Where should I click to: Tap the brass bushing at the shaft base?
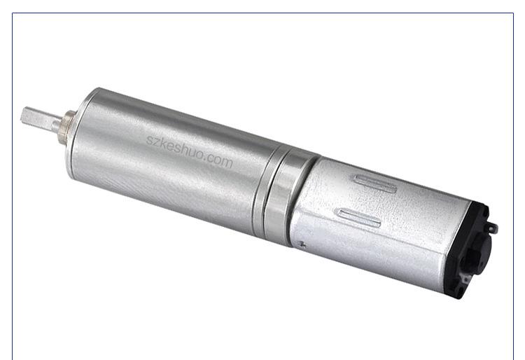(x=67, y=127)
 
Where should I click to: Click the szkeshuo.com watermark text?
(x=190, y=151)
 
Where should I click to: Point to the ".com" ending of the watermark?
(x=218, y=160)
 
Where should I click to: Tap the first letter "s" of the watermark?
(x=149, y=139)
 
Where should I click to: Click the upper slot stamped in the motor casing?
(x=375, y=184)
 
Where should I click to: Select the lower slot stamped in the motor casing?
(x=360, y=218)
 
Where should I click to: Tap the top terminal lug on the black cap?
(x=492, y=228)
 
